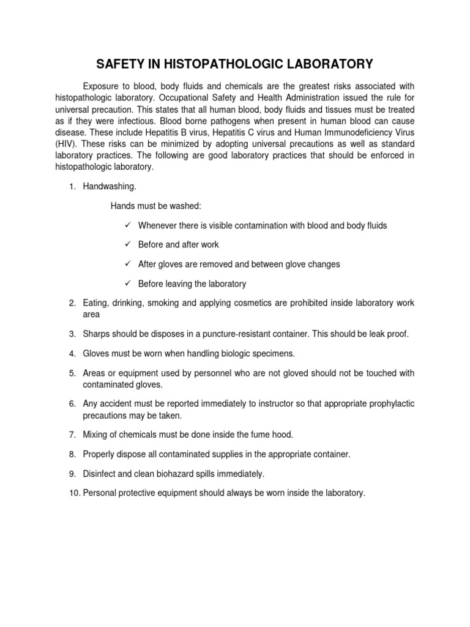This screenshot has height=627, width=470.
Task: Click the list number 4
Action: point(72,353)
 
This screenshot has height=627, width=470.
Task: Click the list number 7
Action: point(72,434)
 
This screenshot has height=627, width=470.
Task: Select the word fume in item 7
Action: point(252,434)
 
